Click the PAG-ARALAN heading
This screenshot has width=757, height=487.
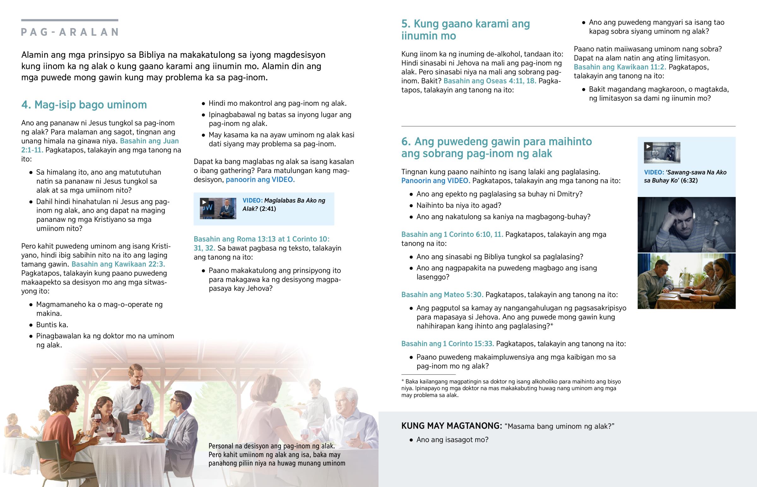(69, 32)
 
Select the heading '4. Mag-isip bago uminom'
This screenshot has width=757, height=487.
(84, 105)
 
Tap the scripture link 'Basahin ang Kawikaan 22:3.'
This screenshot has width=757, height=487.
(118, 264)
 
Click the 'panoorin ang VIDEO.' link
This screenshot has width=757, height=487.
(260, 180)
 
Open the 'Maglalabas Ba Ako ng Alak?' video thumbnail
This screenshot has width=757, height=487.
(218, 208)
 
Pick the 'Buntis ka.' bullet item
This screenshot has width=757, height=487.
(52, 325)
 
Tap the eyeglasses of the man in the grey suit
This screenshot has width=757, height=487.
(174, 401)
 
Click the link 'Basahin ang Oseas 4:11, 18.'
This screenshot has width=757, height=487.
(490, 81)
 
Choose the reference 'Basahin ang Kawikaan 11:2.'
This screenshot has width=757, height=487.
(620, 67)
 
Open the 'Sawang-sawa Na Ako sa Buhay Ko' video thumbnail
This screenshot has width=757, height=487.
(662, 153)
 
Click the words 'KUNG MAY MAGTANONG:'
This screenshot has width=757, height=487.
(451, 426)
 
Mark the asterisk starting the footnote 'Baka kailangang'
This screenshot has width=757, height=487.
(402, 381)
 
